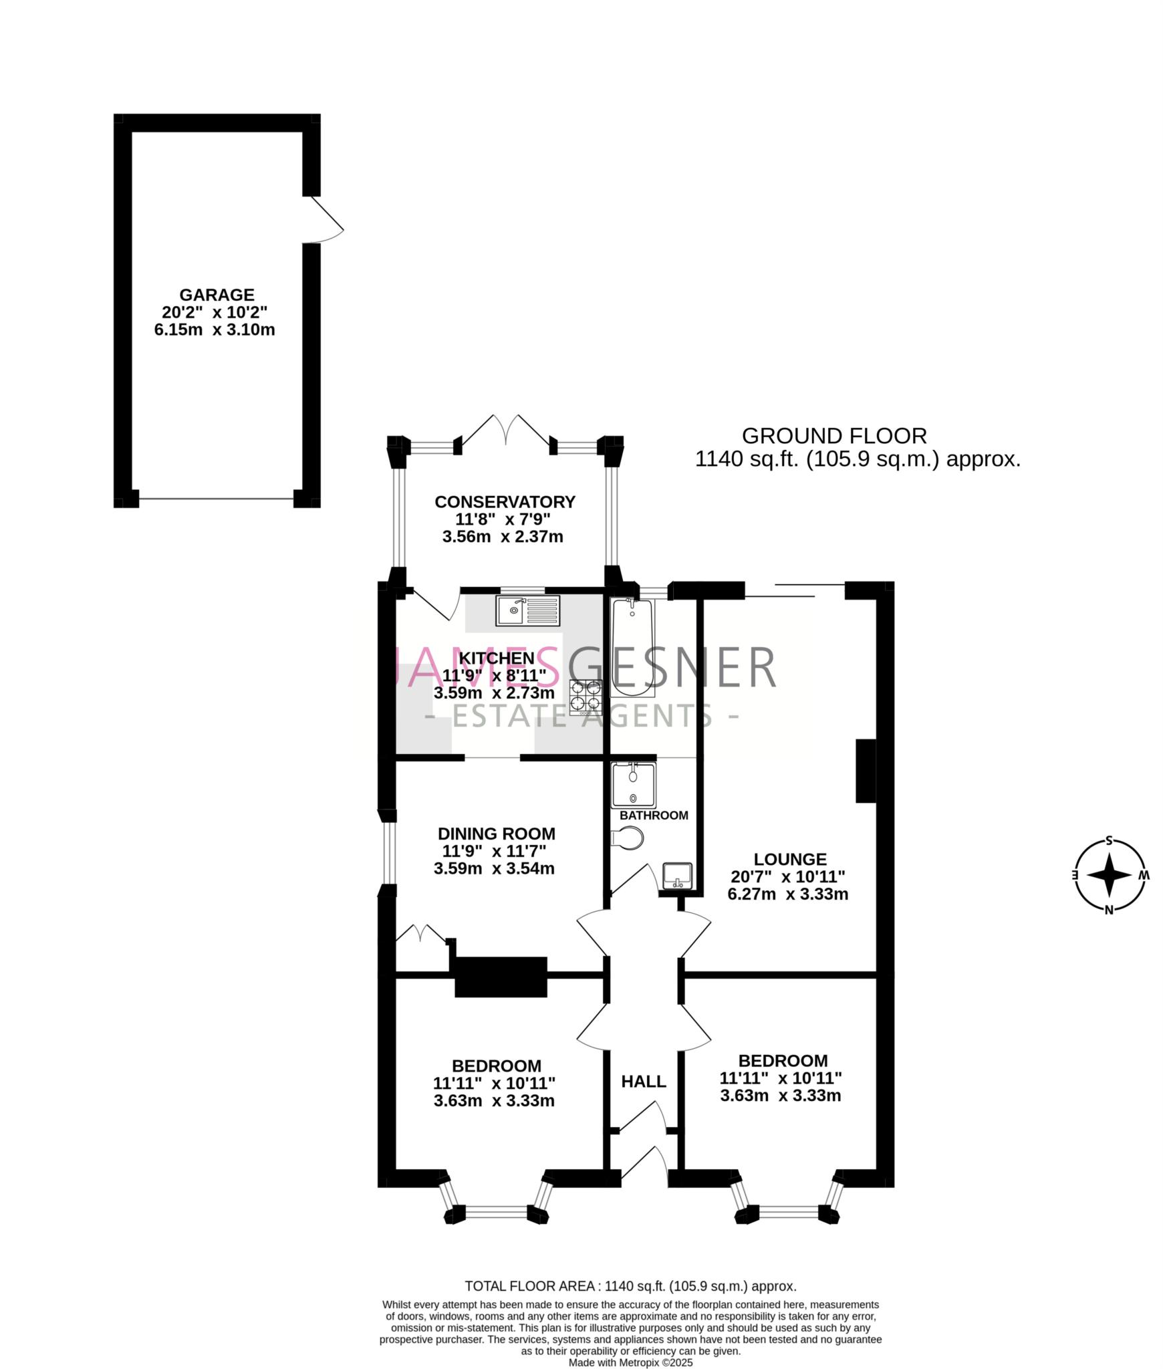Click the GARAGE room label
point(216,295)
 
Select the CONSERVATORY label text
point(505,501)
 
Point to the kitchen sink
point(527,610)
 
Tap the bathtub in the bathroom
point(632,648)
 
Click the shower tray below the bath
point(633,785)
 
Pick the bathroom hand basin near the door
point(677,876)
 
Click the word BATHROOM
point(653,816)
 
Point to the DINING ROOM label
point(496,834)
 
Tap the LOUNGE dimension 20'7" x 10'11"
point(787,876)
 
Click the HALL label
point(643,1082)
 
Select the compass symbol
point(1109,875)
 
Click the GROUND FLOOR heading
point(834,436)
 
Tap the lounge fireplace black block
point(866,770)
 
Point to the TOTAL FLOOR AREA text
point(630,1286)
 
